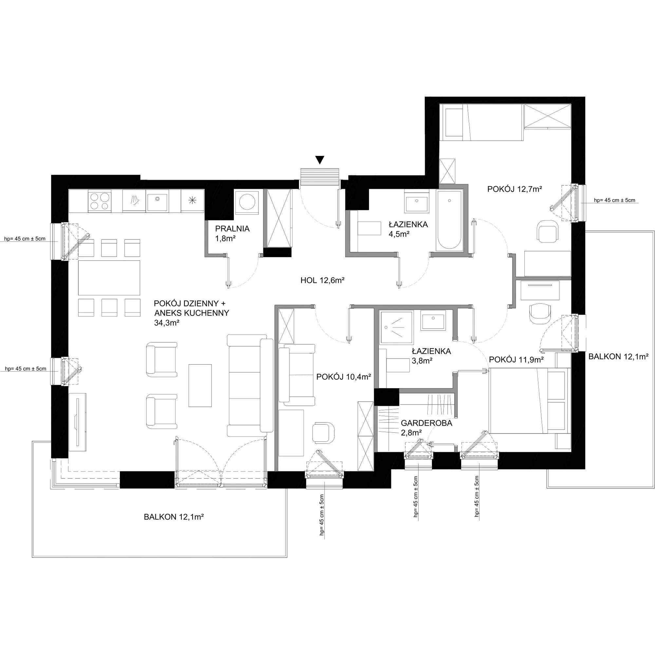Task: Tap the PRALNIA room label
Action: click(232, 229)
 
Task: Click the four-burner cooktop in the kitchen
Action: click(99, 201)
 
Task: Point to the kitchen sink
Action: click(158, 201)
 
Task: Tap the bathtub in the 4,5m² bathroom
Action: click(450, 221)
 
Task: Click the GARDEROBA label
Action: click(426, 423)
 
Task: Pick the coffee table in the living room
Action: click(200, 385)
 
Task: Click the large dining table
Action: click(109, 278)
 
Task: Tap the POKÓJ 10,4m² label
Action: click(343, 377)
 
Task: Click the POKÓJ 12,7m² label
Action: click(515, 189)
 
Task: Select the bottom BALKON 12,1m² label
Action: click(174, 517)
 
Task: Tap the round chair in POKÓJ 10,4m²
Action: click(323, 432)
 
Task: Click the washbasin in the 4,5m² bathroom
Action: click(417, 201)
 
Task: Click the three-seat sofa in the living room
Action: click(250, 385)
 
